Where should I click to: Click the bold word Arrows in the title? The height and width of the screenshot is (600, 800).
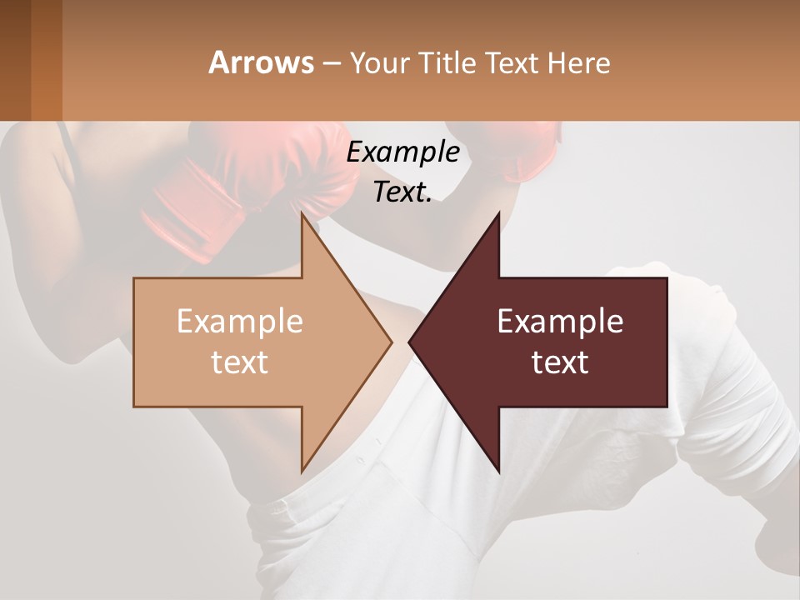(x=261, y=62)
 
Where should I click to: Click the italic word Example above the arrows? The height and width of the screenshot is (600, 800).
(x=402, y=152)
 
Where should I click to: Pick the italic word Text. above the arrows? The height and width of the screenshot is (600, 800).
(x=402, y=192)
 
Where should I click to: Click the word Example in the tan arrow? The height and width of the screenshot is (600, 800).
(x=239, y=321)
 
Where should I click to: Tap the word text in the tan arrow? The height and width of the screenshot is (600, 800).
(x=239, y=362)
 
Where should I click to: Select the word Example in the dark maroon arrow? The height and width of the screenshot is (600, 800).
(x=560, y=321)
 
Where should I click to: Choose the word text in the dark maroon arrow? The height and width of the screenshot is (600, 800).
(x=560, y=362)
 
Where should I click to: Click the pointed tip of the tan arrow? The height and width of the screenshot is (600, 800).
(x=390, y=342)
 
